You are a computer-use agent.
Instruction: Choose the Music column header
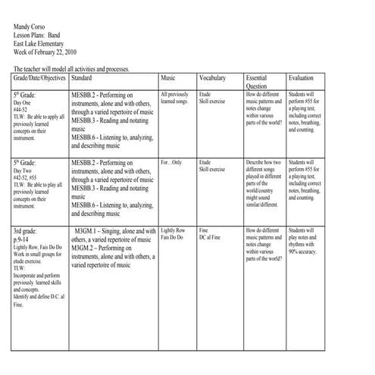pyautogui.click(x=169, y=79)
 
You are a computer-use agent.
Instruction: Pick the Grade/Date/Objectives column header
pyautogui.click(x=39, y=79)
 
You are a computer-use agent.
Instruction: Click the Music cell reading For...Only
pyautogui.click(x=172, y=163)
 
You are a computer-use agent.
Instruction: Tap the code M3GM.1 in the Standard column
pyautogui.click(x=89, y=230)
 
